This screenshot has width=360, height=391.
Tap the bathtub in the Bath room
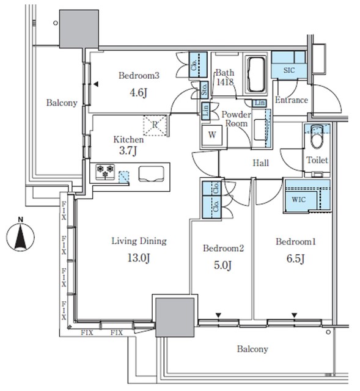pos(255,75)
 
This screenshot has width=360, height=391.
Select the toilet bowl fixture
pos(317,137)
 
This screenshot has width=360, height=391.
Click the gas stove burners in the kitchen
pos(105,172)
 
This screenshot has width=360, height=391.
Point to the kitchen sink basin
pos(152,174)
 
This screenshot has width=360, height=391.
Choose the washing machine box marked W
pos(212,135)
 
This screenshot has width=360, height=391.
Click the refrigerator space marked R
pos(155,125)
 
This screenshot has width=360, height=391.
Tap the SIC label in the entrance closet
pos(289,70)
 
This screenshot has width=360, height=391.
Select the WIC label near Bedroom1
pos(299,200)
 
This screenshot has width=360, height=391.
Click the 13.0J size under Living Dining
pos(139,258)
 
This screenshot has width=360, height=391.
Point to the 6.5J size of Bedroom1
pos(296,258)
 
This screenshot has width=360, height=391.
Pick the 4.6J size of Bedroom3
pos(139,93)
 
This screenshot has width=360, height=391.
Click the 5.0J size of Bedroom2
pos(223,265)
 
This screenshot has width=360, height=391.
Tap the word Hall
pos(261,163)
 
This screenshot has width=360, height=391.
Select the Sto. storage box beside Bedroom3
pos(204,90)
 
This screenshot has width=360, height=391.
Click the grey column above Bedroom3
pos(79,29)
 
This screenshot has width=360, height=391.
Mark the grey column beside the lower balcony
pos(175,317)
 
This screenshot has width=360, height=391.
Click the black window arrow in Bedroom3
pos(96,84)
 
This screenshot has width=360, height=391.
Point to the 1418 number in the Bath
pos(225,82)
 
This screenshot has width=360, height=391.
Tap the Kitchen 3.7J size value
pos(128,150)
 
